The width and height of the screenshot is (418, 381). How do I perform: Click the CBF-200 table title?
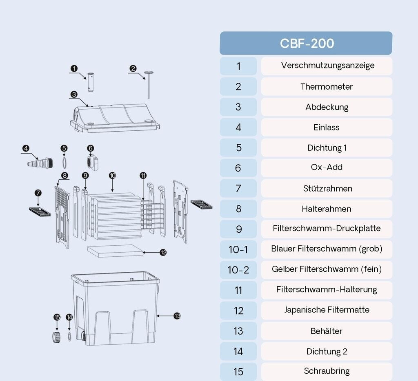[x=307, y=43]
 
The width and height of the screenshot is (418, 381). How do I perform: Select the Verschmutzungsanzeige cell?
[x=327, y=66]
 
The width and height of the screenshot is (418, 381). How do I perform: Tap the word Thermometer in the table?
[x=327, y=86]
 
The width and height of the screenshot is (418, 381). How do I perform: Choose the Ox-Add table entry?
[x=327, y=167]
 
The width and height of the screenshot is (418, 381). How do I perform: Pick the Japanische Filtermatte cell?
[x=327, y=310]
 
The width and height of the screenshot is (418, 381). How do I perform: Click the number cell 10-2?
[x=238, y=270]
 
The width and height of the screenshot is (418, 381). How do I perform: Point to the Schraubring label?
[x=327, y=371]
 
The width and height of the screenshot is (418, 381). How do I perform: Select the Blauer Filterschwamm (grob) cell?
[x=327, y=249]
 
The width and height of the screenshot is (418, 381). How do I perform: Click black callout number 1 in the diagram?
[x=74, y=68]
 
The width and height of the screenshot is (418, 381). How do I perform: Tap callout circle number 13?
[x=177, y=316]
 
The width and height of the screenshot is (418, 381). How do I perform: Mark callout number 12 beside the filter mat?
[x=163, y=252]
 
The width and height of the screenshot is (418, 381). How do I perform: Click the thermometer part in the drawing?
[x=149, y=85]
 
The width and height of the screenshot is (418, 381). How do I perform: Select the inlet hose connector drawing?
[x=40, y=163]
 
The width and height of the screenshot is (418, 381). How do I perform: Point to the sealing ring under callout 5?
[x=64, y=163]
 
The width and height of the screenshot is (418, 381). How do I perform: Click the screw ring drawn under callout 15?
[x=56, y=337]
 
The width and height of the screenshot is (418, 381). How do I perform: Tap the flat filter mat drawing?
[x=115, y=251]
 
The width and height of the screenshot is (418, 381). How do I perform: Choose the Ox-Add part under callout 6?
[x=93, y=163]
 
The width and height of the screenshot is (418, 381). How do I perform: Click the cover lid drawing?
[x=115, y=118]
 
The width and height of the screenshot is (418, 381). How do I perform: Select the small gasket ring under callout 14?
[x=69, y=337]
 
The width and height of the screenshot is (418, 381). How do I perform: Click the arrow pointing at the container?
[x=165, y=316]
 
